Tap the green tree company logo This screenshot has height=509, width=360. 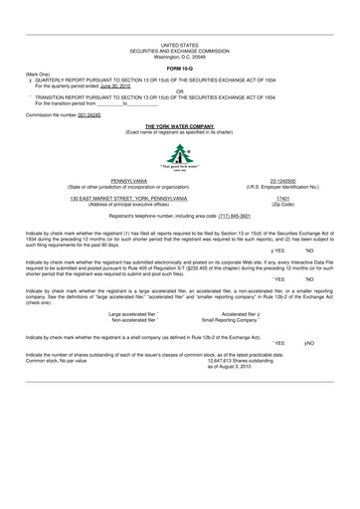pyautogui.click(x=180, y=157)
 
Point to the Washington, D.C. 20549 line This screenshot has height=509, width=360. pyautogui.click(x=180, y=56)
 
